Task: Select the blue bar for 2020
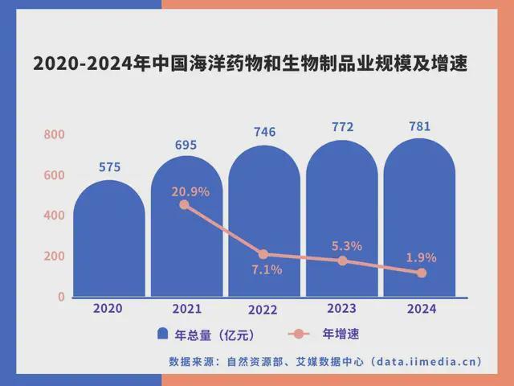point(109,241)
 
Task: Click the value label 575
point(109,167)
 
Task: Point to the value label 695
point(186,145)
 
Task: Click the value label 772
point(342,127)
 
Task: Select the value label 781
point(420,126)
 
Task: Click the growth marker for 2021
point(184,205)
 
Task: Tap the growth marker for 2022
point(263,254)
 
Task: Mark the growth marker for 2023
point(343,261)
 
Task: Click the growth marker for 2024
point(422,273)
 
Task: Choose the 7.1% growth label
point(267,270)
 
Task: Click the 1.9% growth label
point(422,257)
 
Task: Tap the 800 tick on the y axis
point(54,134)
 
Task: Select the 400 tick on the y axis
point(54,216)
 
